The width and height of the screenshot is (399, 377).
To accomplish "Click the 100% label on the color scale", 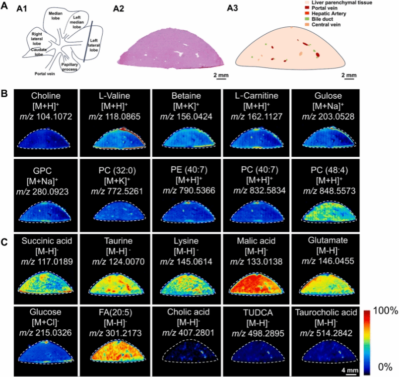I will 383,311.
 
